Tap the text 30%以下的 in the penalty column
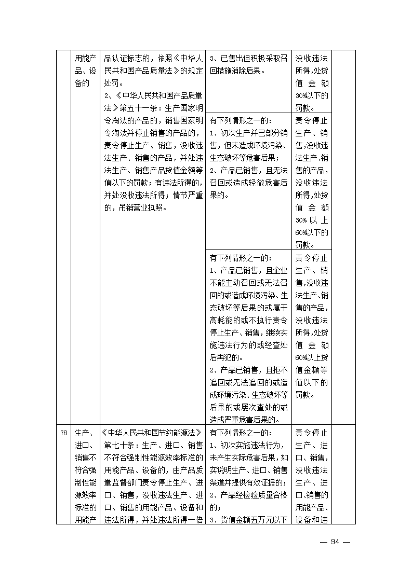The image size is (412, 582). (x=311, y=96)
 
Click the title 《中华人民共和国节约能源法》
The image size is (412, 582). (x=153, y=433)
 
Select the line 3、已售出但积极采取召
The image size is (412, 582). (x=248, y=59)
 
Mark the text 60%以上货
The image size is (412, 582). (x=311, y=358)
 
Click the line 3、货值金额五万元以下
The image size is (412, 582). (x=248, y=520)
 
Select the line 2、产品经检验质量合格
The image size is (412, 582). (x=248, y=495)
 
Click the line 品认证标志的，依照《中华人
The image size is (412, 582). (x=153, y=59)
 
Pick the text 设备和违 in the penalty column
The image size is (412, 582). (x=311, y=520)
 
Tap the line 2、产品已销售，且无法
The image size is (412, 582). (x=248, y=171)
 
